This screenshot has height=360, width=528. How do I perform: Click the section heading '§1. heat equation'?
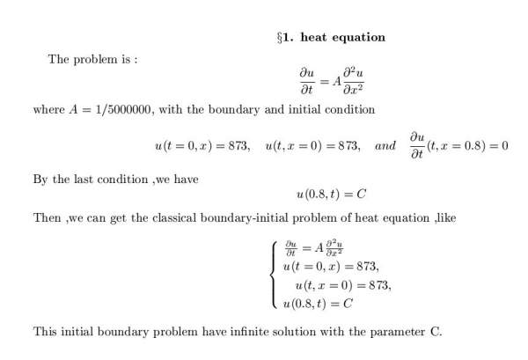(x=330, y=38)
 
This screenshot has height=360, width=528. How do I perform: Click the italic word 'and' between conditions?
(x=385, y=145)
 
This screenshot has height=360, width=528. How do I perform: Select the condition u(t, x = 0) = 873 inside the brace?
(x=343, y=285)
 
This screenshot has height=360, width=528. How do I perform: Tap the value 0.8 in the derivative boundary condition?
(x=478, y=145)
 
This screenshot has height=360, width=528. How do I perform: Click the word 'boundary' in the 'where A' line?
(x=244, y=110)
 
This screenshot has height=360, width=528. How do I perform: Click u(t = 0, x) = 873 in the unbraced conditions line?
(x=204, y=145)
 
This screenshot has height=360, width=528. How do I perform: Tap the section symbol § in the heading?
(x=279, y=38)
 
